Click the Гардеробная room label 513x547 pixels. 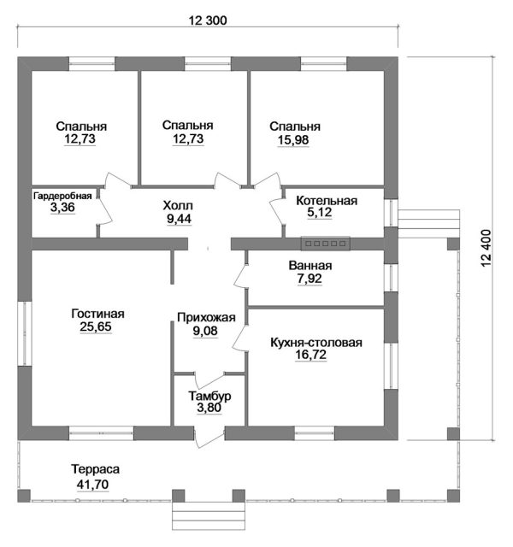pyautogui.click(x=62, y=196)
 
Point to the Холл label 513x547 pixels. pyautogui.click(x=179, y=206)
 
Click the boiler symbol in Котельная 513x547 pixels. pyautogui.click(x=325, y=244)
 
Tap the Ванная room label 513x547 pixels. pyautogui.click(x=310, y=265)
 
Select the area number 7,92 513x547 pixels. pyautogui.click(x=310, y=279)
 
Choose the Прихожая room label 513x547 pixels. pyautogui.click(x=205, y=318)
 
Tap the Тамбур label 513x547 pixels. pyautogui.click(x=209, y=397)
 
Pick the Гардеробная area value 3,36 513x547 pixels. pyautogui.click(x=62, y=209)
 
